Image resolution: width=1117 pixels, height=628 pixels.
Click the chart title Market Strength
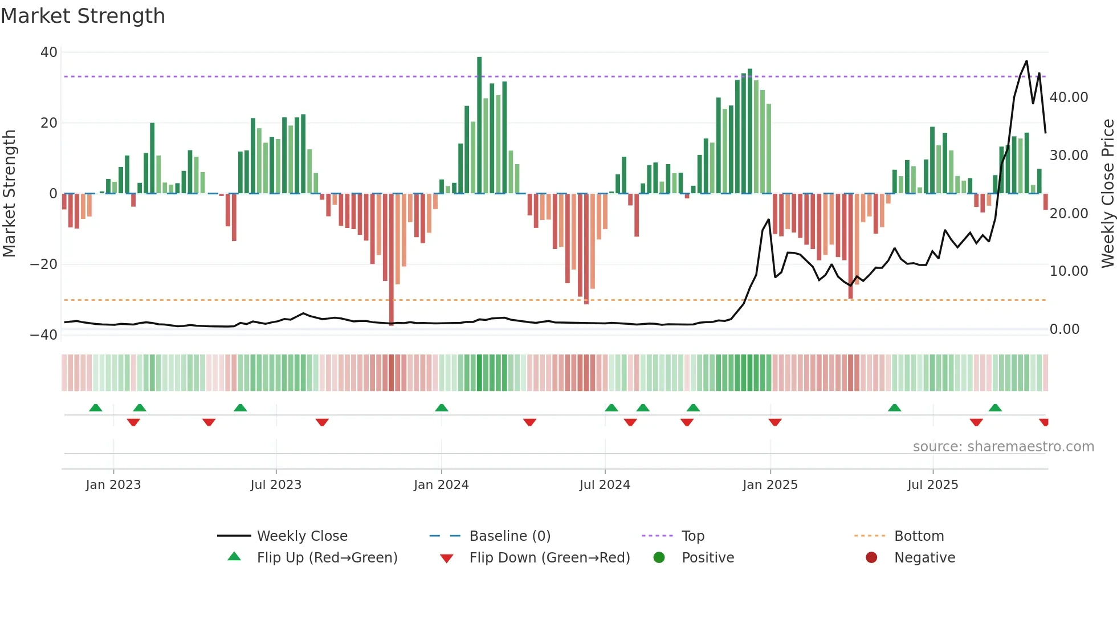coord(83,16)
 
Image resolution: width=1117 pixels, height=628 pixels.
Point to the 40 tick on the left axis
coord(49,52)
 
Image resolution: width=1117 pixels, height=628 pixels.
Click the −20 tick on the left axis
coord(44,264)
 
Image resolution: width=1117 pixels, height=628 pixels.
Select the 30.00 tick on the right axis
coord(1069,156)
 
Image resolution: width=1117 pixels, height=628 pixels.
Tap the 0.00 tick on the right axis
coord(1064,329)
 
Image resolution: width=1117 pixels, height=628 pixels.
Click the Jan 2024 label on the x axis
coord(441,485)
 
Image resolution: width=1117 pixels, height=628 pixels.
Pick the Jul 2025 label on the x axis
coord(932,485)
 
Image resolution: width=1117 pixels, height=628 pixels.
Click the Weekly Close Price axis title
coord(1107,194)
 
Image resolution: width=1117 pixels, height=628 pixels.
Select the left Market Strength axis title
coord(9,194)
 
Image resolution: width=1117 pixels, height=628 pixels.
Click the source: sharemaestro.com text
coord(1003,447)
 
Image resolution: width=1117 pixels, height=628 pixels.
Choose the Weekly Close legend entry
coord(301,536)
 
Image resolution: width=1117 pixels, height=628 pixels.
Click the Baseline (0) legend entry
coord(509,536)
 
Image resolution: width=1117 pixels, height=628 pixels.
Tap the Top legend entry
coord(692,536)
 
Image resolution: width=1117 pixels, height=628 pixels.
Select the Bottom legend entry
coord(919,536)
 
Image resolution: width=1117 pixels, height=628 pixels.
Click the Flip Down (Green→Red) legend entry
coord(549,558)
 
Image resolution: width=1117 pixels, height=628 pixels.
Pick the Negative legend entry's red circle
coord(871,558)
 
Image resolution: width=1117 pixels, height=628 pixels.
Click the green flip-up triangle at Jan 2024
coord(442,407)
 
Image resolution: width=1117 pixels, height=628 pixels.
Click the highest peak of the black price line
coord(1026,62)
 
